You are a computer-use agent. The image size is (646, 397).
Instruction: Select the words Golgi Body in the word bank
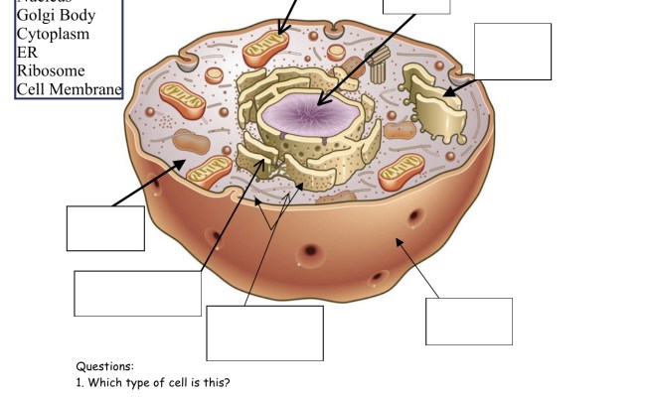(x=57, y=16)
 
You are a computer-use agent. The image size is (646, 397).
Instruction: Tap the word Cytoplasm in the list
(x=53, y=34)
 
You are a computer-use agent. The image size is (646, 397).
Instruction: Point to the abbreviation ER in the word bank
(x=27, y=53)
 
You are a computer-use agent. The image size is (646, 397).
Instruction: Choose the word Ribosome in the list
(x=51, y=71)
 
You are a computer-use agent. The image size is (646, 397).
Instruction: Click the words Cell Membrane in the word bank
(x=69, y=90)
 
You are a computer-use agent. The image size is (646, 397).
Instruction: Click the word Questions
(x=104, y=366)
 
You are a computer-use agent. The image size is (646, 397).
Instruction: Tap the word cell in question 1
(x=177, y=382)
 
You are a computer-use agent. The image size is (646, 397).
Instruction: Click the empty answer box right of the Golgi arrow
(x=513, y=52)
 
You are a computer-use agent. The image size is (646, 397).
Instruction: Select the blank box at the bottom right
(x=469, y=321)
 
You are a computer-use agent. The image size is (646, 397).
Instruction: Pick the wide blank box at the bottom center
(x=264, y=332)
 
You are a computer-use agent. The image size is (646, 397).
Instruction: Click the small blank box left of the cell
(x=105, y=227)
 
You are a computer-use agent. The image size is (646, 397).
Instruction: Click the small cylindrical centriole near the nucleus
(x=378, y=66)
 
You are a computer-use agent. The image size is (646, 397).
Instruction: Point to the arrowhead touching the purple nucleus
(x=320, y=101)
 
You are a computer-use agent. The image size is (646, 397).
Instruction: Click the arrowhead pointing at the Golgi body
(x=448, y=92)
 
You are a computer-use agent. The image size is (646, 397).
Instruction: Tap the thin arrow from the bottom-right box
(x=417, y=267)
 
